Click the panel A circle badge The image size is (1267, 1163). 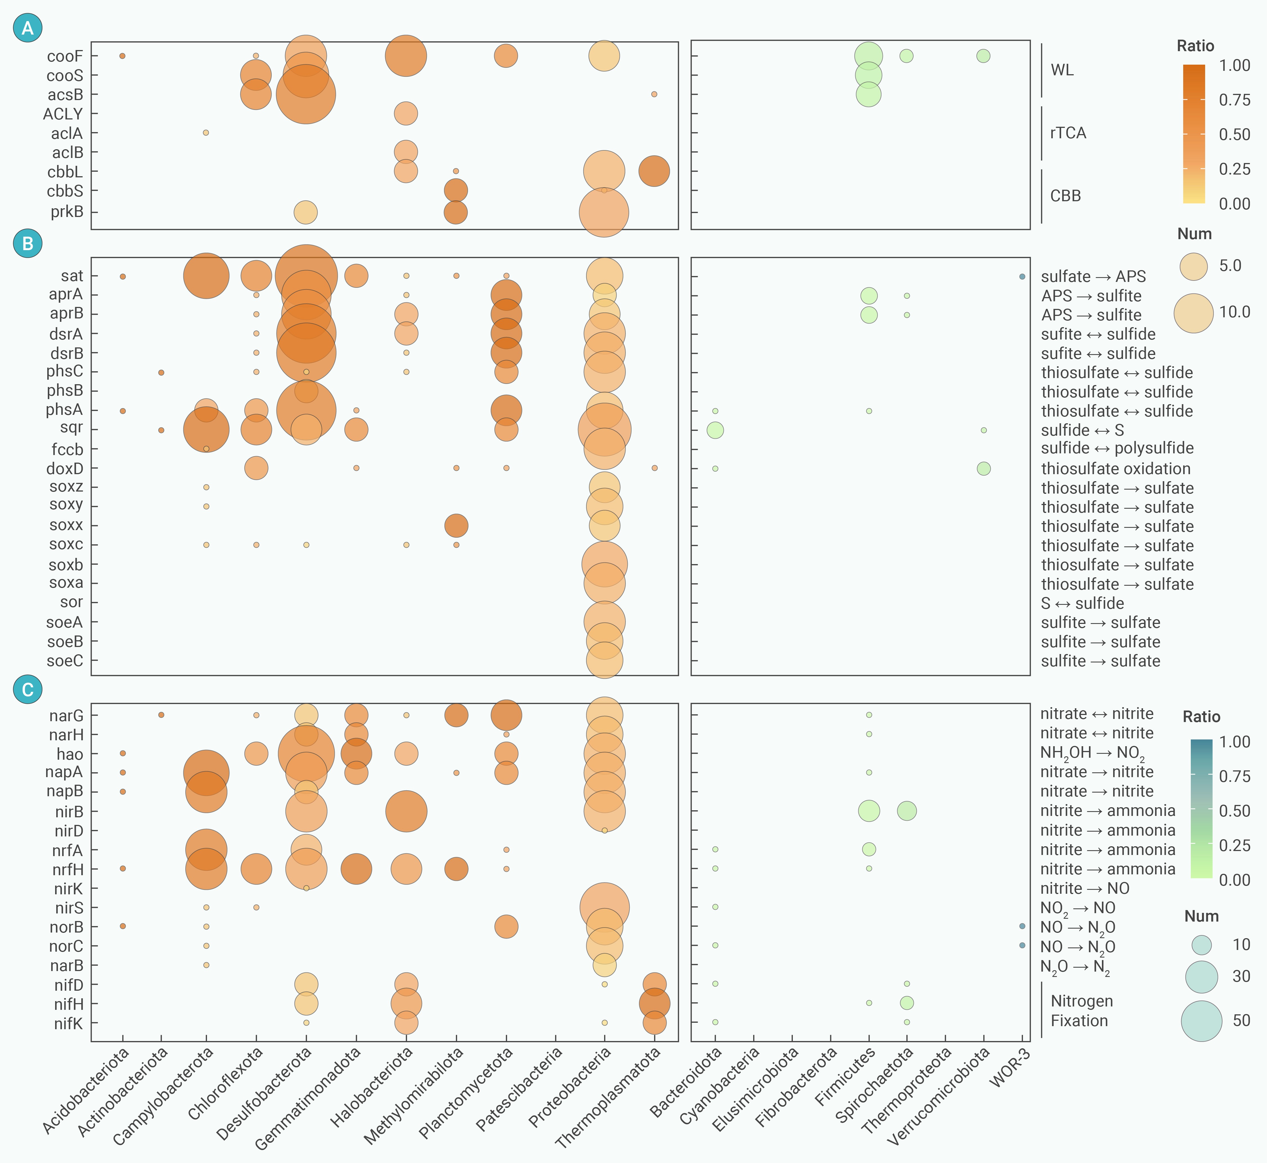(x=28, y=28)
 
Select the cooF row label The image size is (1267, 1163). (x=65, y=56)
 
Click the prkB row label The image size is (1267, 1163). (x=67, y=212)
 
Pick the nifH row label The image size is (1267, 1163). (x=68, y=1004)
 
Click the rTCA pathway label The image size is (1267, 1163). (x=1068, y=133)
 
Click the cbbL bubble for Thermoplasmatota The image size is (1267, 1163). (x=654, y=171)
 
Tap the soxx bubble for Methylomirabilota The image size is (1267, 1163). (x=456, y=526)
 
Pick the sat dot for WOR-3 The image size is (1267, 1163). (x=1022, y=276)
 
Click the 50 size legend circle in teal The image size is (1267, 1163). (x=1201, y=1021)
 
